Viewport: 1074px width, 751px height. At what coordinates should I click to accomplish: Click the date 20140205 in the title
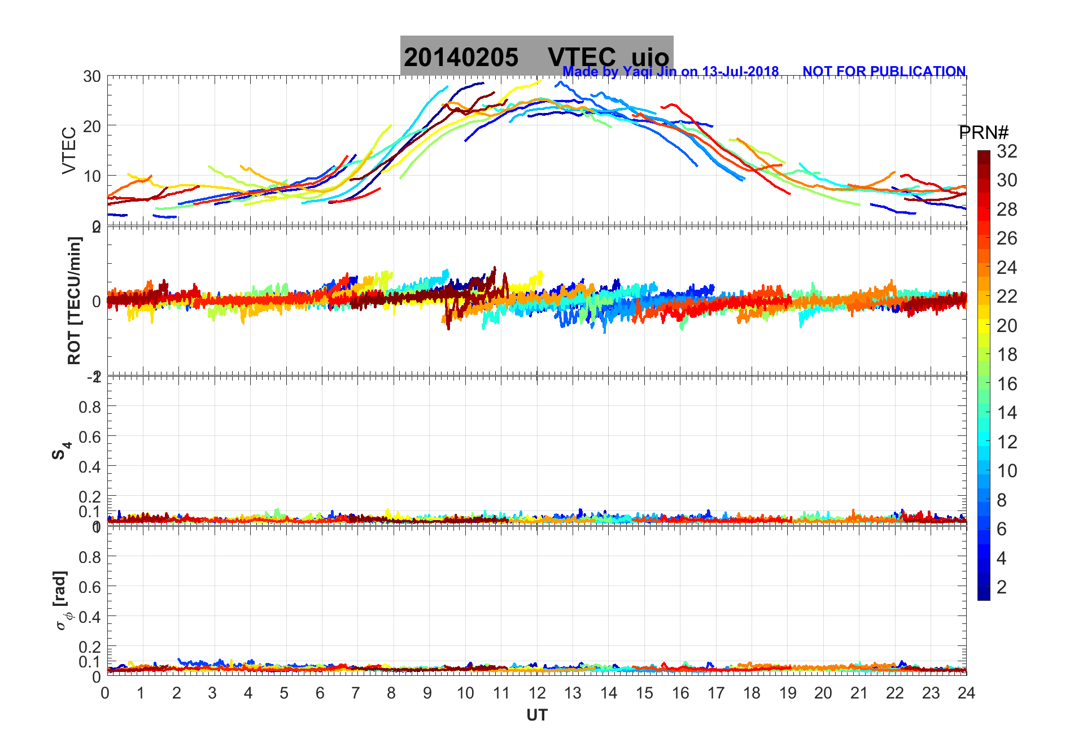pos(461,58)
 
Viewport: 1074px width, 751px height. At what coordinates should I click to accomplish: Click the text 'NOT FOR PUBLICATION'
pos(884,72)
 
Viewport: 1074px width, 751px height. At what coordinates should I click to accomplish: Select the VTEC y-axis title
pos(69,150)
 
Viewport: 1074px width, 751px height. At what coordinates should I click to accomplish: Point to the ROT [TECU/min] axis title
pos(74,300)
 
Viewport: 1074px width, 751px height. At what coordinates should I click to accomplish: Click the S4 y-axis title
pos(62,451)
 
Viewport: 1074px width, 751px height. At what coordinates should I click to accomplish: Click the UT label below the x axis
pos(536,715)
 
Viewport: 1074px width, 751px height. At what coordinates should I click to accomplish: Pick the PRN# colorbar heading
pos(984,133)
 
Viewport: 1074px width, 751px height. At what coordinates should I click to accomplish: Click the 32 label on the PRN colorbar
pos(1007,151)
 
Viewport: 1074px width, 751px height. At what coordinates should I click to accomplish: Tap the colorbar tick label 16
pos(1007,384)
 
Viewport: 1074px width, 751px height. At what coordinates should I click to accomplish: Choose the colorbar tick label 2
pos(1002,587)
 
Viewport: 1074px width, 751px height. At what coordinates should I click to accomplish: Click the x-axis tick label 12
pos(536,693)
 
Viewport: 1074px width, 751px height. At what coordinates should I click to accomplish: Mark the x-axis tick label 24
pos(966,693)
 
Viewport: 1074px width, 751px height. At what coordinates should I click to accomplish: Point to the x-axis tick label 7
pos(356,693)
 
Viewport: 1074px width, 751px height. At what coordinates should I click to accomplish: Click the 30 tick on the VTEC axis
pos(92,77)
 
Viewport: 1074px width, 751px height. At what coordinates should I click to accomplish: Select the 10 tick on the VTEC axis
pos(92,176)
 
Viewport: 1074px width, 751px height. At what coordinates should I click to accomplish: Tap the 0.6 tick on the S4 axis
pos(90,436)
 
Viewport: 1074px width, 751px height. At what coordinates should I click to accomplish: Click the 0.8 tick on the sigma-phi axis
pos(90,557)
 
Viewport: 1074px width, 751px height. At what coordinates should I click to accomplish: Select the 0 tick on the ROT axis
pos(97,301)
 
